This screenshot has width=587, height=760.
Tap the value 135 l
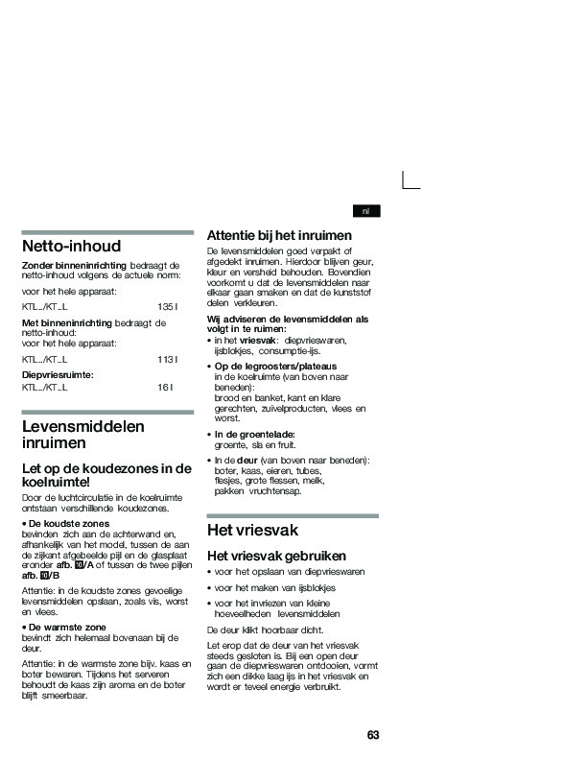point(167,305)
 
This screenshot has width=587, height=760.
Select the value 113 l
point(167,359)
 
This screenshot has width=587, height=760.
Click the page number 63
point(373,735)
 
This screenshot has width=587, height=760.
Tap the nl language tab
point(365,211)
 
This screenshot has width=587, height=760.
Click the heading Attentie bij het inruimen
point(279,235)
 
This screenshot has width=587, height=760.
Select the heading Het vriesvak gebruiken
point(276,556)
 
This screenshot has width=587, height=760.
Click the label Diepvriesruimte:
point(58,374)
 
